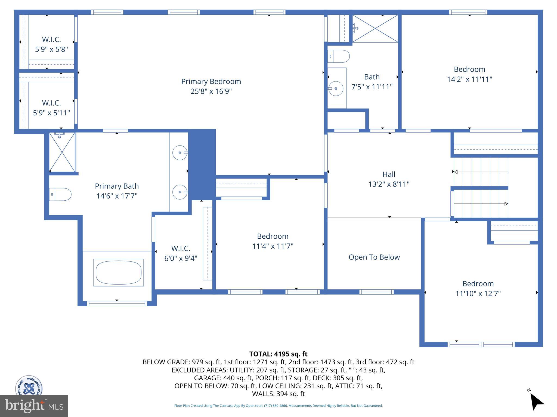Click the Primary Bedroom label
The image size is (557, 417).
[211, 81]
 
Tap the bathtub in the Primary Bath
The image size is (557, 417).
[119, 273]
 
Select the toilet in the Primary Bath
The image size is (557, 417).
[60, 194]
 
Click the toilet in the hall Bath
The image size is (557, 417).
[339, 56]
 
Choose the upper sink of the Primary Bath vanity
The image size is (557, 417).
[180, 153]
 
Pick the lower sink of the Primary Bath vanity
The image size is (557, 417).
[180, 192]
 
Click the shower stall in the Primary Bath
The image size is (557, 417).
[62, 152]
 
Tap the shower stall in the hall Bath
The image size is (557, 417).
[375, 29]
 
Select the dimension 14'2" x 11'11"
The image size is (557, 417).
[469, 79]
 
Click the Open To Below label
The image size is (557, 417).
[374, 257]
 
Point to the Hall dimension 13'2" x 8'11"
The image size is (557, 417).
[389, 184]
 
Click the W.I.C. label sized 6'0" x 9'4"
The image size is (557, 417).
[181, 248]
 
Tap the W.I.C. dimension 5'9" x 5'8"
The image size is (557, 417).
[51, 49]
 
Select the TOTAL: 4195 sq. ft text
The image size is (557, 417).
[278, 354]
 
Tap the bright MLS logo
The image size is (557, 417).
[34, 406]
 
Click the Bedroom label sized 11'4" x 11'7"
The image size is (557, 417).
[273, 236]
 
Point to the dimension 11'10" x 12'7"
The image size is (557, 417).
[478, 294]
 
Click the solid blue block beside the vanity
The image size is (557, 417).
[202, 164]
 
